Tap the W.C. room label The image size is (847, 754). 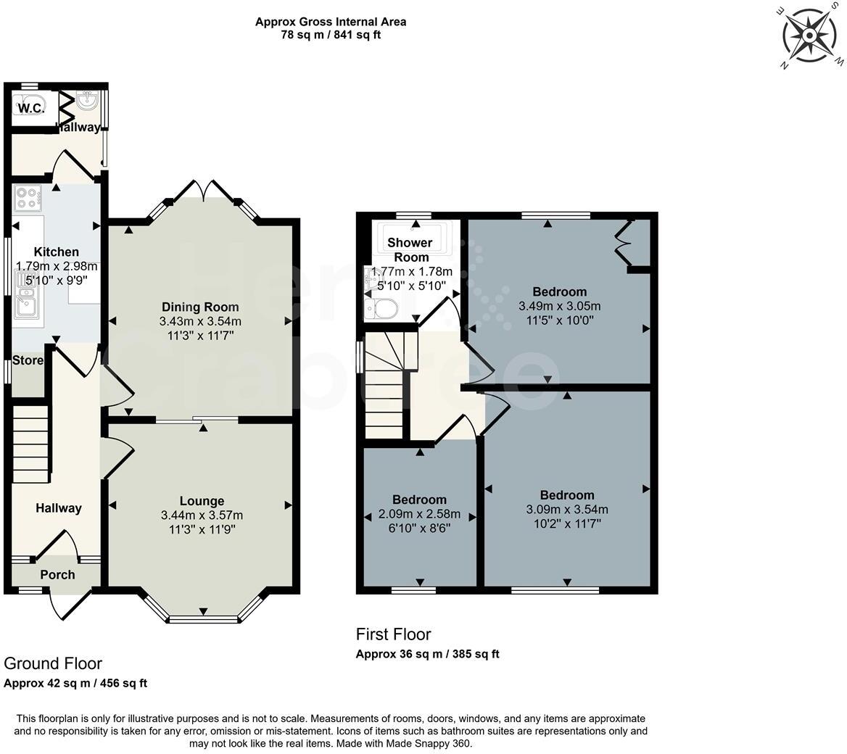(x=31, y=109)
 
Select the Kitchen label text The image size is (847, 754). (x=57, y=252)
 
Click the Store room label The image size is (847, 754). (x=28, y=360)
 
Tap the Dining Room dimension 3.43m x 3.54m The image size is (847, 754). (x=201, y=321)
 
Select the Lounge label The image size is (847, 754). (x=202, y=501)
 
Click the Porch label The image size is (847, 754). (x=57, y=575)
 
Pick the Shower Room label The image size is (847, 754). (x=410, y=249)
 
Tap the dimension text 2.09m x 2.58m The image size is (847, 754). (x=420, y=514)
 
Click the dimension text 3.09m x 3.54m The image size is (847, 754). (x=567, y=509)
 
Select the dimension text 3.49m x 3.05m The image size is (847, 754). (x=559, y=306)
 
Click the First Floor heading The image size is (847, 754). (x=393, y=634)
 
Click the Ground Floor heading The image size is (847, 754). (x=53, y=663)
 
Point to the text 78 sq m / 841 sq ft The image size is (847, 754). (x=331, y=35)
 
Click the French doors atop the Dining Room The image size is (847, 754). (x=204, y=190)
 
